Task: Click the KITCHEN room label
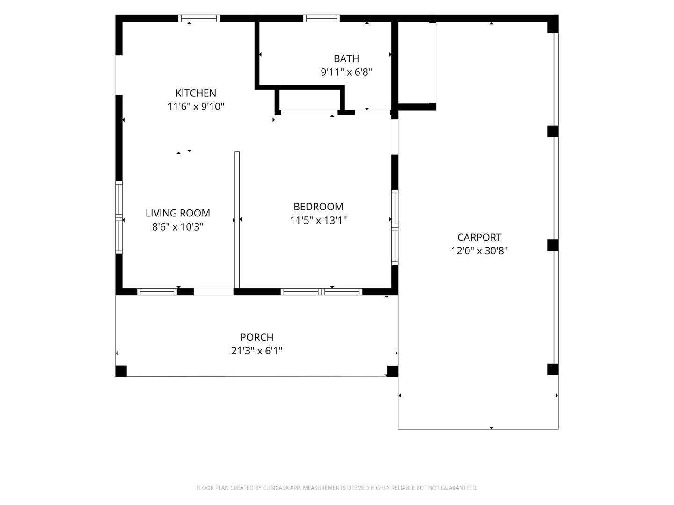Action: (196, 93)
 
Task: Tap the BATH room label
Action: (346, 58)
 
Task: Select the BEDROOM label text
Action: (318, 207)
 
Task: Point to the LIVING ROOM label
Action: (177, 213)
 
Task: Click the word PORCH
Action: (256, 337)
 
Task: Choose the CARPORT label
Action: (479, 238)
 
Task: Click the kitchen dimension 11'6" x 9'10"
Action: (196, 107)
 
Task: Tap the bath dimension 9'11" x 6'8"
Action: (346, 72)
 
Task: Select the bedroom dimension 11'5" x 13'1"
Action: (318, 220)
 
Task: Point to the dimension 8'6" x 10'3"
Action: (177, 227)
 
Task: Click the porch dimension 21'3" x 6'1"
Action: (256, 351)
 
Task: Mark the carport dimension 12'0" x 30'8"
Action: (479, 251)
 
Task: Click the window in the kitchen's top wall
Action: (199, 18)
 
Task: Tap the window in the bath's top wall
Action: (322, 18)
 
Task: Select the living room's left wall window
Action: (119, 217)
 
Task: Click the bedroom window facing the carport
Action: (395, 227)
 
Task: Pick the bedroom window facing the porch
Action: (322, 292)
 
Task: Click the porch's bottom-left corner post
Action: (121, 371)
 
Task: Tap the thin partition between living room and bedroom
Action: (237, 220)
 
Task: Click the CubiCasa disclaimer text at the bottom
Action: (337, 488)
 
